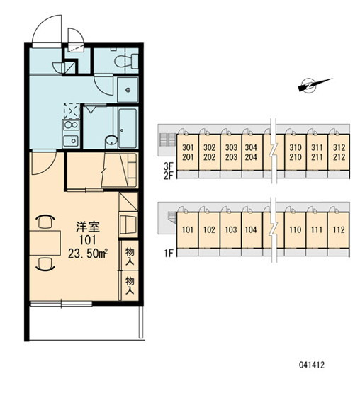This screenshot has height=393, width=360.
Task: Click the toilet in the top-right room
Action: (x=127, y=61)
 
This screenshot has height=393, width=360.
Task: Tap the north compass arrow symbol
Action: (x=315, y=85)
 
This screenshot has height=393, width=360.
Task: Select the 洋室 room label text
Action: (x=88, y=227)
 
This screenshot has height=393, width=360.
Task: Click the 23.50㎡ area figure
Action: (x=88, y=254)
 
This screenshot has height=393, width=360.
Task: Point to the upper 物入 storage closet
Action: (x=130, y=255)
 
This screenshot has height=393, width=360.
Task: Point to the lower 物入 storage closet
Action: (x=130, y=285)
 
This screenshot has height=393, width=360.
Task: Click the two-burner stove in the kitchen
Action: (x=71, y=125)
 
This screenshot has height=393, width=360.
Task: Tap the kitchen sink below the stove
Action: (x=71, y=141)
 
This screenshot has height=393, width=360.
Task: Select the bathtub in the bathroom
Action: (x=128, y=128)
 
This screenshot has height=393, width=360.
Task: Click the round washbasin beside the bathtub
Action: (x=111, y=140)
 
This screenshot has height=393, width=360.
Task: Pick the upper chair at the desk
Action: (x=45, y=222)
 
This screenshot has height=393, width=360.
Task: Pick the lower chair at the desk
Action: (x=45, y=264)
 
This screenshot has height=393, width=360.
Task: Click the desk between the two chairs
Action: (x=45, y=243)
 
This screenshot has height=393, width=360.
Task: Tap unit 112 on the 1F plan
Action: (x=339, y=230)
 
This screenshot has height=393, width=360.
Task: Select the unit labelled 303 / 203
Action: (x=231, y=152)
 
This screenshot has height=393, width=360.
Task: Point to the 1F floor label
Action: (x=169, y=254)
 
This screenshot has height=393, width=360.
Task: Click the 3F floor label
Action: (x=169, y=166)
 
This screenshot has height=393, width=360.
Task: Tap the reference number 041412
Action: (x=312, y=365)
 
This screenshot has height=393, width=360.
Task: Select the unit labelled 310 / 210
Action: (x=296, y=152)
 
